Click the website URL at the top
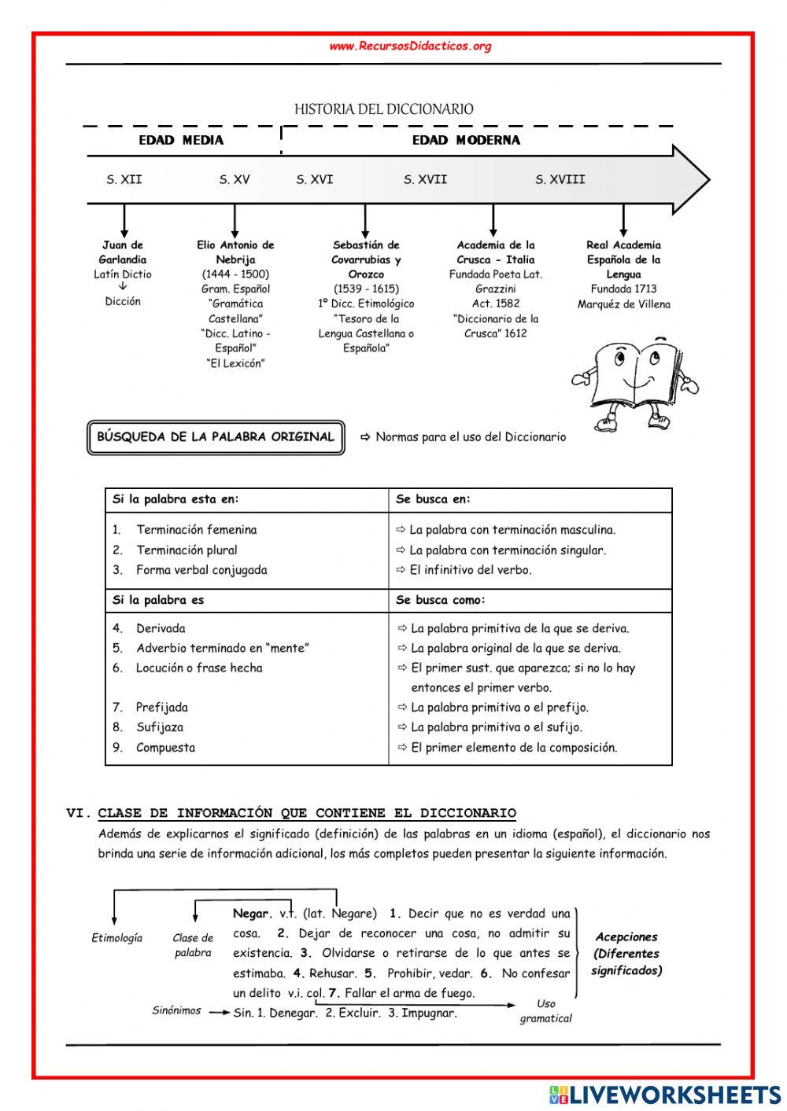[x=410, y=46]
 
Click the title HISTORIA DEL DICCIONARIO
[x=384, y=109]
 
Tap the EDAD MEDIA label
[x=181, y=141]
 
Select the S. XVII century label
[x=425, y=180]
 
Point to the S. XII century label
[x=124, y=180]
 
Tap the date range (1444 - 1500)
[x=235, y=274]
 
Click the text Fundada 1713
[x=623, y=289]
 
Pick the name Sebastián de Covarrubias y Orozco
[x=366, y=259]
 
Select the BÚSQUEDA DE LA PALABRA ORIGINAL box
[x=215, y=437]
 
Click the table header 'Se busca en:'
[x=433, y=499]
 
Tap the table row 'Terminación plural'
[x=187, y=550]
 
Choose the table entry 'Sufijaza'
[x=160, y=727]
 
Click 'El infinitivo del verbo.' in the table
[x=471, y=570]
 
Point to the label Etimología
[x=117, y=938]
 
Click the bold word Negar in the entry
[x=251, y=914]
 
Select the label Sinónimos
[x=176, y=1011]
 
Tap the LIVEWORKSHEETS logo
[x=665, y=1094]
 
